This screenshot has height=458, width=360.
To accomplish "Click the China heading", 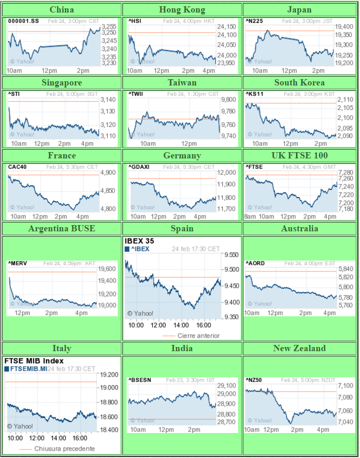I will coord(61,9).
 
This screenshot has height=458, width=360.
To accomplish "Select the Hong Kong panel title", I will coord(182,9).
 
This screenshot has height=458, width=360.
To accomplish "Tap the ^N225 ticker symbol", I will coord(254,21).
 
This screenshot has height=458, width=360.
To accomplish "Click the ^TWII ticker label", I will coord(135,94).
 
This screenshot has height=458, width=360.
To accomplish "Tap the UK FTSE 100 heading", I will coord(300,155).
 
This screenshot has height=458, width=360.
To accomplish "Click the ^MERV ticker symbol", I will coord(17,264).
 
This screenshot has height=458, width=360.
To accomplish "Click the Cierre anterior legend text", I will coord(198,336).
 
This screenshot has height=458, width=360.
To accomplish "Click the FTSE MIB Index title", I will coord(34,361).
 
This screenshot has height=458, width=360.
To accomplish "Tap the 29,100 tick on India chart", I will coord(227,386).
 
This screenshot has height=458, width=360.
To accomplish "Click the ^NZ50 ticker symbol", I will coord(254,380).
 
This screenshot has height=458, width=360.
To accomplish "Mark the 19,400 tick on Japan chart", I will coord(344,27).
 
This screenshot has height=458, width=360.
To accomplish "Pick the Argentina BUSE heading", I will coord(61,228).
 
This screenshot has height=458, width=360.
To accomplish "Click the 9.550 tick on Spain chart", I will coord(231,254).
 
